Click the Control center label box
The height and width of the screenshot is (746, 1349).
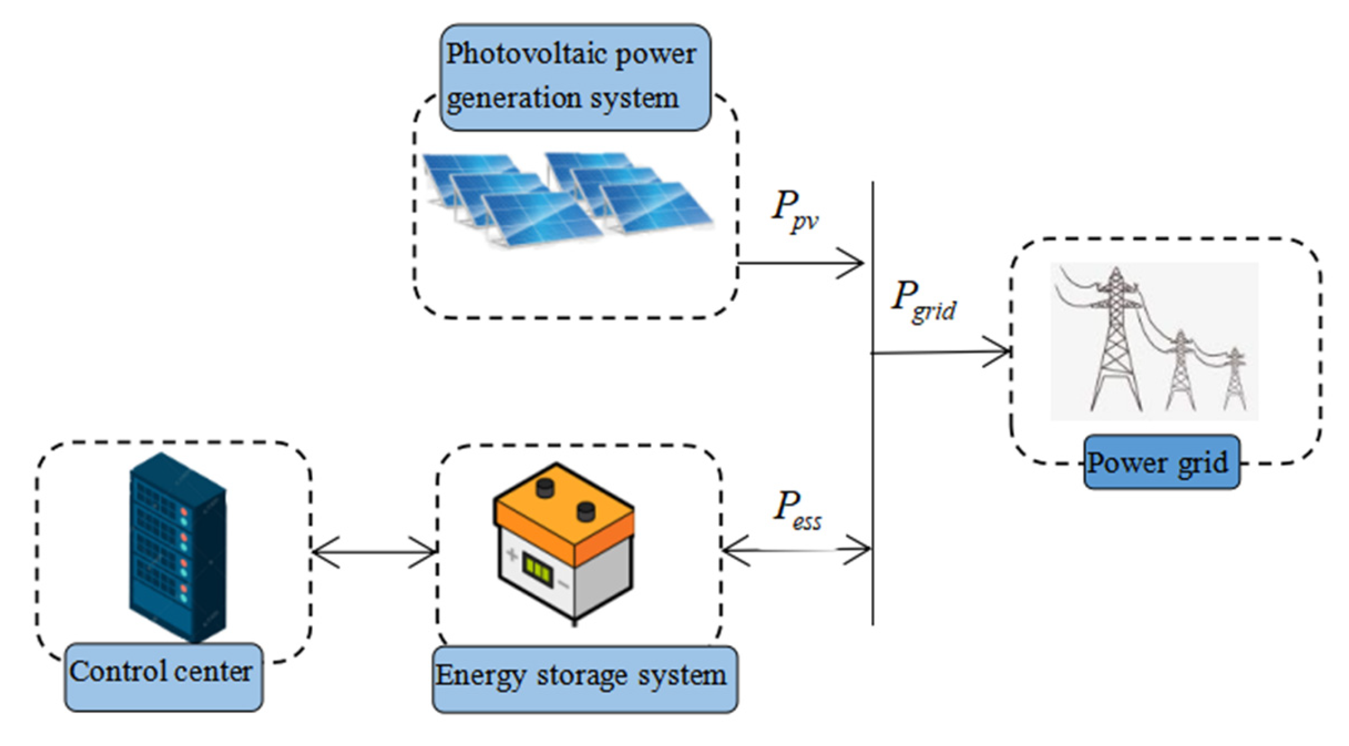click(x=163, y=676)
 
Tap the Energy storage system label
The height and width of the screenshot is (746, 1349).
click(x=584, y=679)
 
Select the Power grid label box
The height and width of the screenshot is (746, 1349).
click(x=1161, y=462)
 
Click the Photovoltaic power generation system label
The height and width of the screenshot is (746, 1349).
click(x=575, y=77)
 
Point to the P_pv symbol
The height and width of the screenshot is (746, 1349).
click(x=794, y=210)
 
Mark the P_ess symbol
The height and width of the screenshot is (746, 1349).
click(x=796, y=510)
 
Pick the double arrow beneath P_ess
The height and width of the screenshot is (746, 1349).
click(x=796, y=550)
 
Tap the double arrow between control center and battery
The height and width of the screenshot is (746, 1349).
click(x=374, y=552)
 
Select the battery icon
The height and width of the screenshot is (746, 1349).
click(x=564, y=542)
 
